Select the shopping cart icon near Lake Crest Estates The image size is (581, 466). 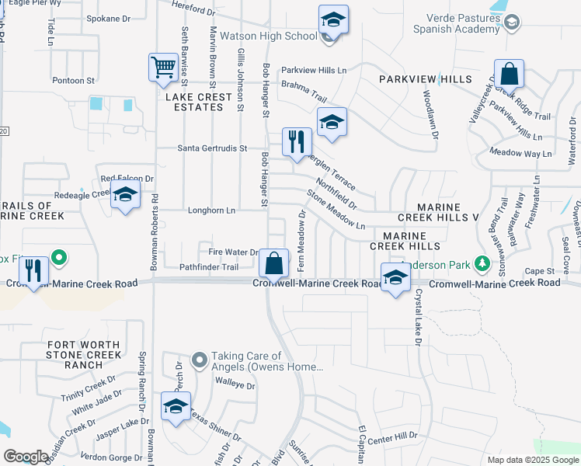[164, 68]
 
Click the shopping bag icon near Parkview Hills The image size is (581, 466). [510, 75]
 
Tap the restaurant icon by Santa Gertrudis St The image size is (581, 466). [296, 141]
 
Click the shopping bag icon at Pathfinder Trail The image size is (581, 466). [274, 263]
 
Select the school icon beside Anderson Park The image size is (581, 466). [395, 278]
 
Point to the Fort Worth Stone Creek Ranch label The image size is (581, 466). [84, 354]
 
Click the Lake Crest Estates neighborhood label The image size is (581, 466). [198, 102]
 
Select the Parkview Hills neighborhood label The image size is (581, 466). [425, 80]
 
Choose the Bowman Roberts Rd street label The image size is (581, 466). [155, 225]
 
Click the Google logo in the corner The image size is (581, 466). [26, 457]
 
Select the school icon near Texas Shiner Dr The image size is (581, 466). [176, 406]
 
